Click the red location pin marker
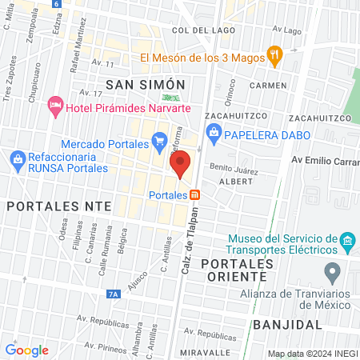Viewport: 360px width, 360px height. click(x=181, y=163)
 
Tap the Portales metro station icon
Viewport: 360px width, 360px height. click(x=195, y=194)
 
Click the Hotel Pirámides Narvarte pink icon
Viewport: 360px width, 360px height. click(x=55, y=105)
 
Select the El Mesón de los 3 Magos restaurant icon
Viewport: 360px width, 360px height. click(x=275, y=56)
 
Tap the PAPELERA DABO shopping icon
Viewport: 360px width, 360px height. click(x=213, y=131)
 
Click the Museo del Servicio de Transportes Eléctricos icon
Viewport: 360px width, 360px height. click(x=346, y=241)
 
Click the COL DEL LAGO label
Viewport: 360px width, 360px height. click(x=201, y=30)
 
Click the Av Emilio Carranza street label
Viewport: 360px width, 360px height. click(x=324, y=160)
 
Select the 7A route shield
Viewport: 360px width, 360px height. click(x=114, y=294)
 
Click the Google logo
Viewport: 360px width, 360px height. click(x=26, y=350)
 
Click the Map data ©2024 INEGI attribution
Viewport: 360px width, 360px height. click(x=311, y=354)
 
